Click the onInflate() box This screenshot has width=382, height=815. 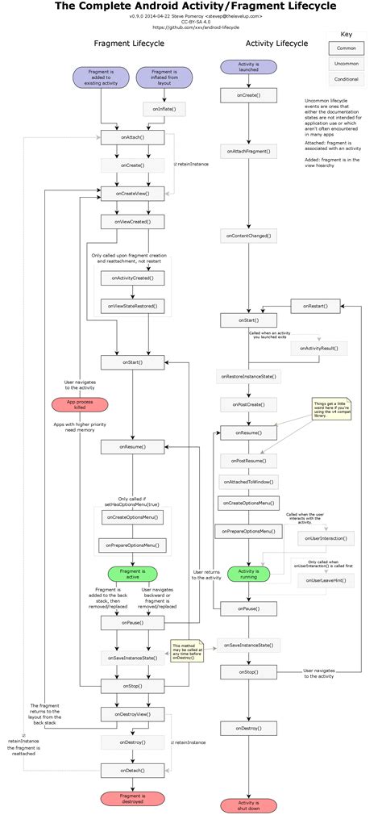(x=164, y=107)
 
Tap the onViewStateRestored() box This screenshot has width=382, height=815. (x=133, y=306)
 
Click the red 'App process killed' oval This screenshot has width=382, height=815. (x=79, y=404)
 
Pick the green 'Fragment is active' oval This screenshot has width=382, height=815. (x=132, y=574)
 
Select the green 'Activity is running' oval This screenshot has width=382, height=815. (x=248, y=574)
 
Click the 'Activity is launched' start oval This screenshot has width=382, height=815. (x=248, y=66)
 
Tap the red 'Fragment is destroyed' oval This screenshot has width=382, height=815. (x=132, y=798)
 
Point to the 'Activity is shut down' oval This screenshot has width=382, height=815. (x=248, y=805)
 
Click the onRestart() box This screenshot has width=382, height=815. (x=315, y=306)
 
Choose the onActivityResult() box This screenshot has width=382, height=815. (x=320, y=348)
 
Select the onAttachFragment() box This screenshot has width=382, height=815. (x=248, y=150)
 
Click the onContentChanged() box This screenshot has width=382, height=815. (x=248, y=236)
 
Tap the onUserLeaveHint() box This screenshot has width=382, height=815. (x=321, y=580)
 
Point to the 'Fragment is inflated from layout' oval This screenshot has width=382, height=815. (x=164, y=77)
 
